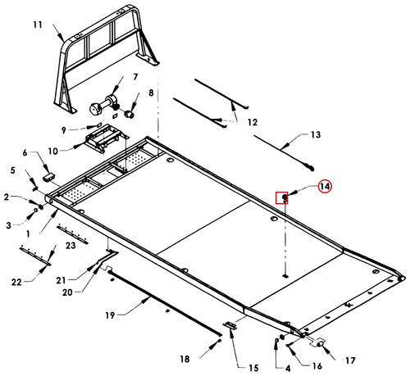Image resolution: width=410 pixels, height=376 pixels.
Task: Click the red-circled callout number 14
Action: (325, 187)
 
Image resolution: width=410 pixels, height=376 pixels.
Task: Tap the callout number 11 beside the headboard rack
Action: (38, 25)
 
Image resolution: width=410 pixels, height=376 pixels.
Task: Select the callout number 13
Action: (316, 134)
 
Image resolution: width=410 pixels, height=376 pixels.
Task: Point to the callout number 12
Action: (253, 122)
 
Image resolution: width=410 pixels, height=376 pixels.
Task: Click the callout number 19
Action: (110, 315)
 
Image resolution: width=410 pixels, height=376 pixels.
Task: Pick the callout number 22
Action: (16, 282)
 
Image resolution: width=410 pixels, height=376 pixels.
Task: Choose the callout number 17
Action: (350, 360)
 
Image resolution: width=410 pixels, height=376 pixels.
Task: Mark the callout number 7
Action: (135, 77)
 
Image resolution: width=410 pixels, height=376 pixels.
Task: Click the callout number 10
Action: (53, 151)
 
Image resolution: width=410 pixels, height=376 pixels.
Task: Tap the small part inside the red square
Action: (285, 197)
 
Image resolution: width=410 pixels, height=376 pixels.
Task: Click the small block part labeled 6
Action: (49, 176)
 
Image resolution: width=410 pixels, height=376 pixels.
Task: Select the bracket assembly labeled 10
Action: (106, 138)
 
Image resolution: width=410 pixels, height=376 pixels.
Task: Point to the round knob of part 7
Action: (95, 109)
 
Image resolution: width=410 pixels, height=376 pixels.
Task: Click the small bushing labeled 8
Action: (130, 114)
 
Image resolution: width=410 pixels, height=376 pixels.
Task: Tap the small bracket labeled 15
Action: (230, 325)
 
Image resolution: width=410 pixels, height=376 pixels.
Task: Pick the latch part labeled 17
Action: (319, 342)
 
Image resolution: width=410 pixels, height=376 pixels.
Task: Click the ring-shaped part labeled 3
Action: (35, 211)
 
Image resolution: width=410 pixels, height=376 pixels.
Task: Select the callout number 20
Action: (67, 292)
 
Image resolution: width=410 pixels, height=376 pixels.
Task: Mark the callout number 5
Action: (12, 170)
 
